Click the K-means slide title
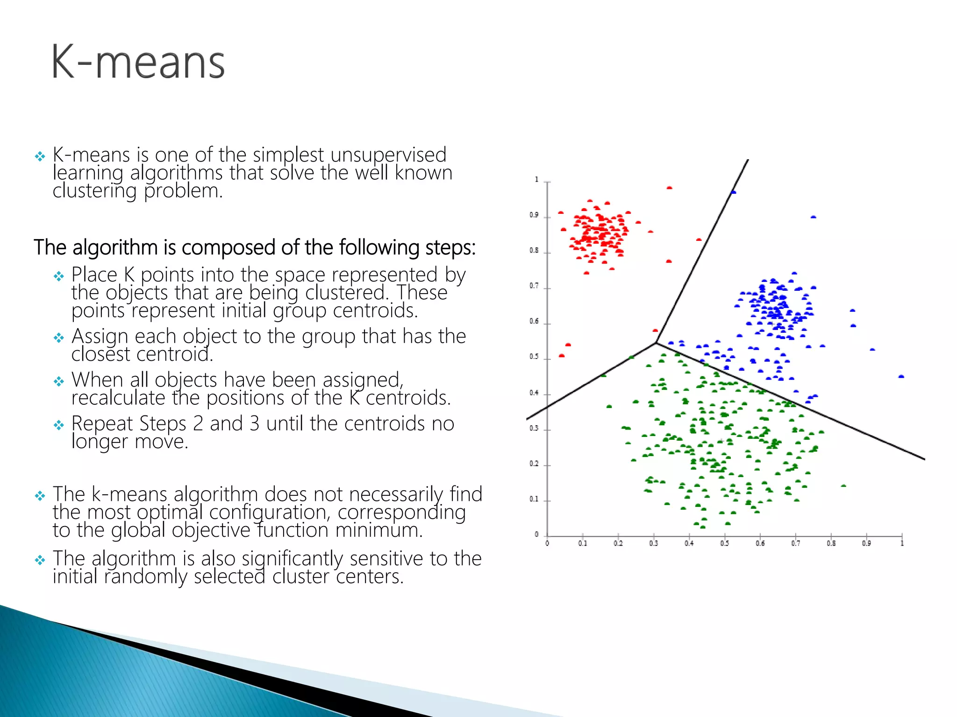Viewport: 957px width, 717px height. [x=138, y=62]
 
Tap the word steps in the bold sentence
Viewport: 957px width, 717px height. [x=450, y=247]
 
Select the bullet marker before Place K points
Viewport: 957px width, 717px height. [x=58, y=276]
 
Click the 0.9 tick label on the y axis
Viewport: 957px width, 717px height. [x=534, y=215]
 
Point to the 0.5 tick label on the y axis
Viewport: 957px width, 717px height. [x=534, y=357]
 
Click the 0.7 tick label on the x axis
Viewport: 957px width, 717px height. [x=795, y=543]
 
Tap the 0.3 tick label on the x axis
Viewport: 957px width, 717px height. [x=653, y=543]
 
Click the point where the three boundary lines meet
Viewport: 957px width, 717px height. [x=656, y=343]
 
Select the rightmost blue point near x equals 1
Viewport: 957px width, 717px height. [x=901, y=376]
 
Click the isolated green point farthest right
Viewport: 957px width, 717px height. [x=843, y=486]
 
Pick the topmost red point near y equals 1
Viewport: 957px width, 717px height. [x=669, y=188]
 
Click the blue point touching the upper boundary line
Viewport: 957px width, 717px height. [x=733, y=192]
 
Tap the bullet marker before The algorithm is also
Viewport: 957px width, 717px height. [x=40, y=560]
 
